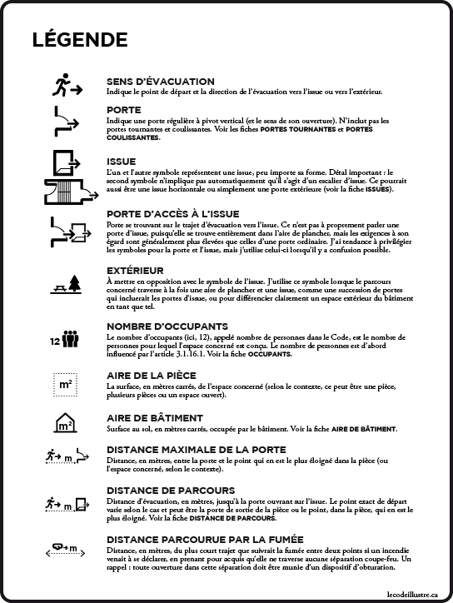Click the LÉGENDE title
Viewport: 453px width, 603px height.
click(79, 40)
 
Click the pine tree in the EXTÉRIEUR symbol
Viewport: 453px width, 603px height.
click(76, 283)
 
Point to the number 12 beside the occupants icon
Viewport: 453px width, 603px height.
click(55, 341)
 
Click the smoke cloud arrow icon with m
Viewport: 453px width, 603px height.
click(64, 547)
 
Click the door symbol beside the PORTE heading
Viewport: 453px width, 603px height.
click(66, 120)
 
